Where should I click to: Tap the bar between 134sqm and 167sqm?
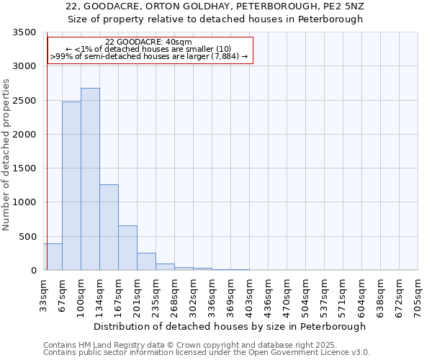click(x=109, y=227)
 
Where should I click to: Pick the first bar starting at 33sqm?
click(x=53, y=257)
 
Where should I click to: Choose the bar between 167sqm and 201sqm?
click(x=127, y=248)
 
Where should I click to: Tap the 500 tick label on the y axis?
click(x=27, y=237)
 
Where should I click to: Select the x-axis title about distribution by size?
click(x=230, y=326)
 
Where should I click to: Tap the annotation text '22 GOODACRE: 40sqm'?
click(x=148, y=42)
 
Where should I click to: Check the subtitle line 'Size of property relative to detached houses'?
click(x=215, y=19)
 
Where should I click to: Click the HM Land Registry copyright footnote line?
click(x=186, y=345)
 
